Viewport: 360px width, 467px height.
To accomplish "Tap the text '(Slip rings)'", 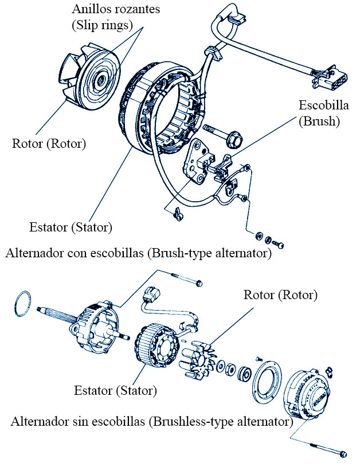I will pyautogui.click(x=103, y=25).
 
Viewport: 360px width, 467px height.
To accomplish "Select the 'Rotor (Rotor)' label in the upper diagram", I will pyautogui.click(x=49, y=143).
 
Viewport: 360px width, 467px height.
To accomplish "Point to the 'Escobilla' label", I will pyautogui.click(x=324, y=105).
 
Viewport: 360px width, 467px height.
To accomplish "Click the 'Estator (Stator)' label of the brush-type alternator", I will pyautogui.click(x=71, y=227).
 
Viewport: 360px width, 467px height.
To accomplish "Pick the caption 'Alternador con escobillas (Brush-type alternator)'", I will pyautogui.click(x=138, y=253).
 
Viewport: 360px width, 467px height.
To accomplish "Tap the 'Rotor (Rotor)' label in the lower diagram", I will pyautogui.click(x=280, y=296).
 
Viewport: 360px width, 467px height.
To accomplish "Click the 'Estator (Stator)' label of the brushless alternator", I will pyautogui.click(x=115, y=391).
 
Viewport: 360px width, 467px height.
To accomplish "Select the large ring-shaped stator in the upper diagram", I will pyautogui.click(x=155, y=109).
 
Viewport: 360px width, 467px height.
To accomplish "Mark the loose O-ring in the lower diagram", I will pyautogui.click(x=22, y=302).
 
